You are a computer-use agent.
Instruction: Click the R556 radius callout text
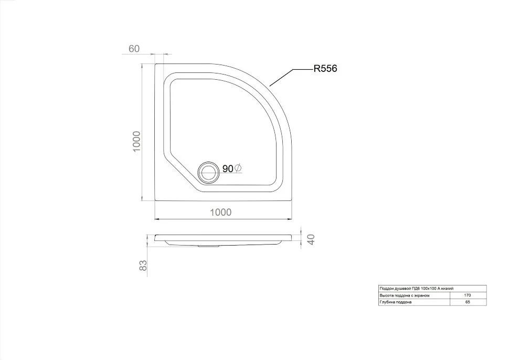pyautogui.click(x=325, y=69)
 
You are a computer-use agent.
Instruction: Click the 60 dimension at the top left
pyautogui.click(x=134, y=49)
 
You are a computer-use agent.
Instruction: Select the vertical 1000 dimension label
pyautogui.click(x=136, y=141)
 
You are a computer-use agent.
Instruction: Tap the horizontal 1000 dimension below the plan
pyautogui.click(x=221, y=213)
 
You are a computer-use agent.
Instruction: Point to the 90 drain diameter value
pyautogui.click(x=228, y=169)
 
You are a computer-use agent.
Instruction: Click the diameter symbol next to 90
pyautogui.click(x=238, y=168)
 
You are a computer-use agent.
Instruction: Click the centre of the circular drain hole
pyautogui.click(x=208, y=172)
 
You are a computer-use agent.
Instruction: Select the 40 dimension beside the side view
pyautogui.click(x=311, y=240)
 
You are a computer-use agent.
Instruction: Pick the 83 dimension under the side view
pyautogui.click(x=143, y=266)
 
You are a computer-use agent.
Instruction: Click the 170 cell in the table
pyautogui.click(x=468, y=295)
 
